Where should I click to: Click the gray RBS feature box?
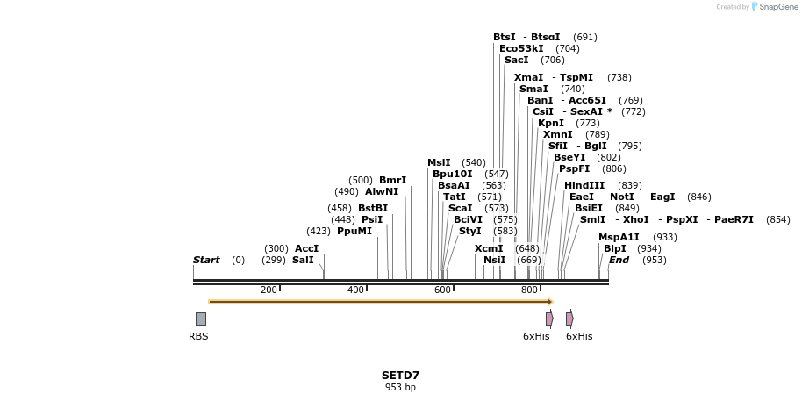201,319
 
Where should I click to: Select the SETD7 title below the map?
400,376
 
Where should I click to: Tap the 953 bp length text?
400,387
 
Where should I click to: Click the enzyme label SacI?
516,60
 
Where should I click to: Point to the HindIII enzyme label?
584,185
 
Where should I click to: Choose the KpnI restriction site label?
551,123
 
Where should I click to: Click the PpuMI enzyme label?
354,231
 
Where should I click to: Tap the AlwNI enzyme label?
382,191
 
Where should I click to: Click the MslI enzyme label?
439,162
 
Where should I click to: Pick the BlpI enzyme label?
615,248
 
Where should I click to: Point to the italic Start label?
206,260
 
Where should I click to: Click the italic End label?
619,260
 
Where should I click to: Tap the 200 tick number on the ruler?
269,290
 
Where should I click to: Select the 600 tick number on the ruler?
442,290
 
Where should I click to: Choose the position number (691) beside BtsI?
584,37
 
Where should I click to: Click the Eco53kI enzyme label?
521,48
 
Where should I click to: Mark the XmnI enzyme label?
557,134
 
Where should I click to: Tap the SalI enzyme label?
303,260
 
